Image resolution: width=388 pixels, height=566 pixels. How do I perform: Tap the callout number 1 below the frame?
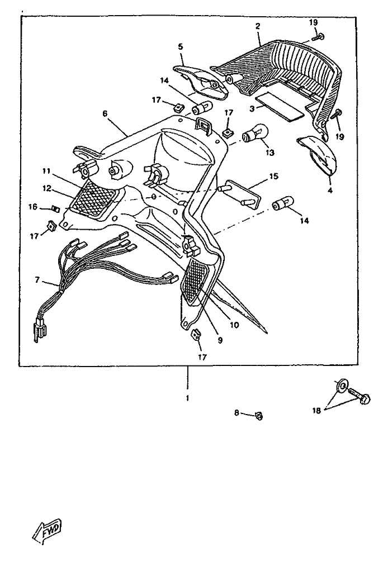pyautogui.click(x=187, y=398)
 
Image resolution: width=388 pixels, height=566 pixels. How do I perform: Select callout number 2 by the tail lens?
pyautogui.click(x=258, y=26)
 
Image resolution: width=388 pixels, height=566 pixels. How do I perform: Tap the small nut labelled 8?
pyautogui.click(x=259, y=415)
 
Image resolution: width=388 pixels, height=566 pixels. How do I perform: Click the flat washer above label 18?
pyautogui.click(x=341, y=386)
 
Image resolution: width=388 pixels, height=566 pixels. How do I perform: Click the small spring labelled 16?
pyautogui.click(x=55, y=209)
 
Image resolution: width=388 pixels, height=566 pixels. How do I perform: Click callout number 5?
pyautogui.click(x=181, y=47)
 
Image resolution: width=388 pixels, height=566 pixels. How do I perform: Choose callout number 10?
pyautogui.click(x=233, y=324)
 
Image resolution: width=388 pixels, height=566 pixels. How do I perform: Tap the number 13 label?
pyautogui.click(x=270, y=153)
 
